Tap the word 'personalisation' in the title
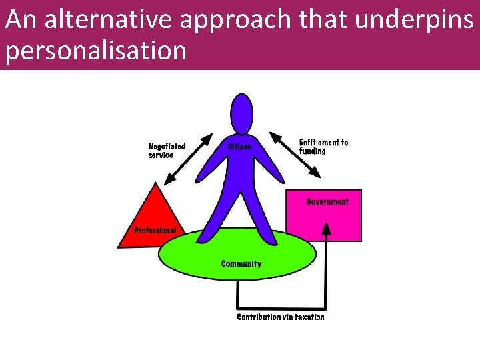[95, 51]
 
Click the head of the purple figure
[241, 114]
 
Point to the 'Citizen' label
[240, 146]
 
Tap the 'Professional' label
[155, 230]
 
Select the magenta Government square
[324, 223]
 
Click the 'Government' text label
[327, 201]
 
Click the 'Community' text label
[241, 264]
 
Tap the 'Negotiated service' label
[167, 150]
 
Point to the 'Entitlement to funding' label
[323, 147]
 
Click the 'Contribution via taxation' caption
[281, 317]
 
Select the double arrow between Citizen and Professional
[189, 159]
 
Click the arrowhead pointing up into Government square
[326, 228]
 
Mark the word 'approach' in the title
[241, 21]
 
